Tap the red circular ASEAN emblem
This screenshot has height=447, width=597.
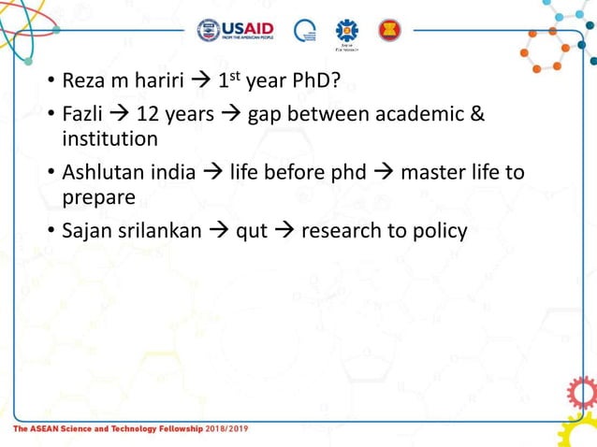[x=388, y=31]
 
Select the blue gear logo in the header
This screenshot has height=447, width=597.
[x=347, y=30]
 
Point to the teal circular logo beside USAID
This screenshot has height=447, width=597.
[x=305, y=31]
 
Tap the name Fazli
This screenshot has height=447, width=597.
[x=80, y=115]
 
